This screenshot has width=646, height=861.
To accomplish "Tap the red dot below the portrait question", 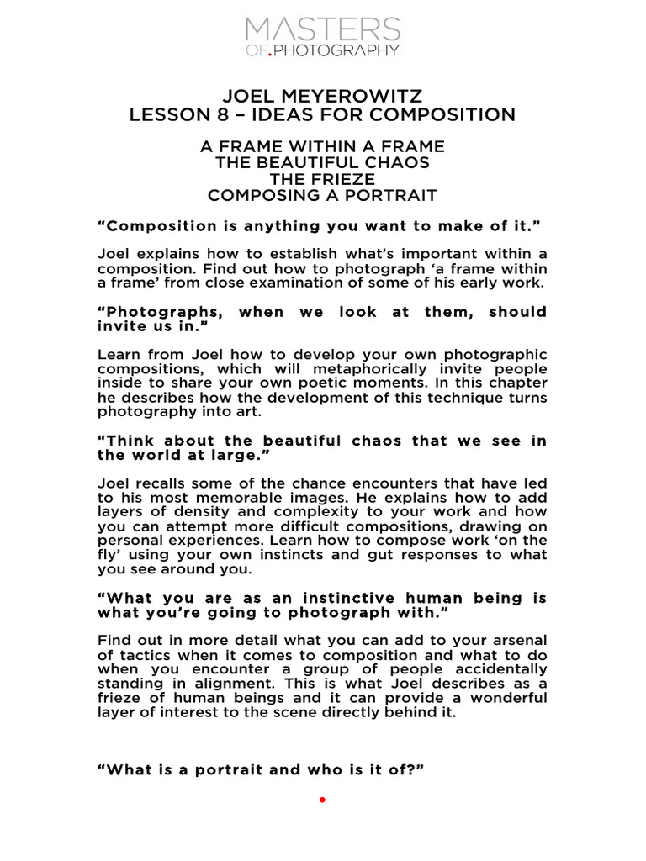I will coord(322,800).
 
